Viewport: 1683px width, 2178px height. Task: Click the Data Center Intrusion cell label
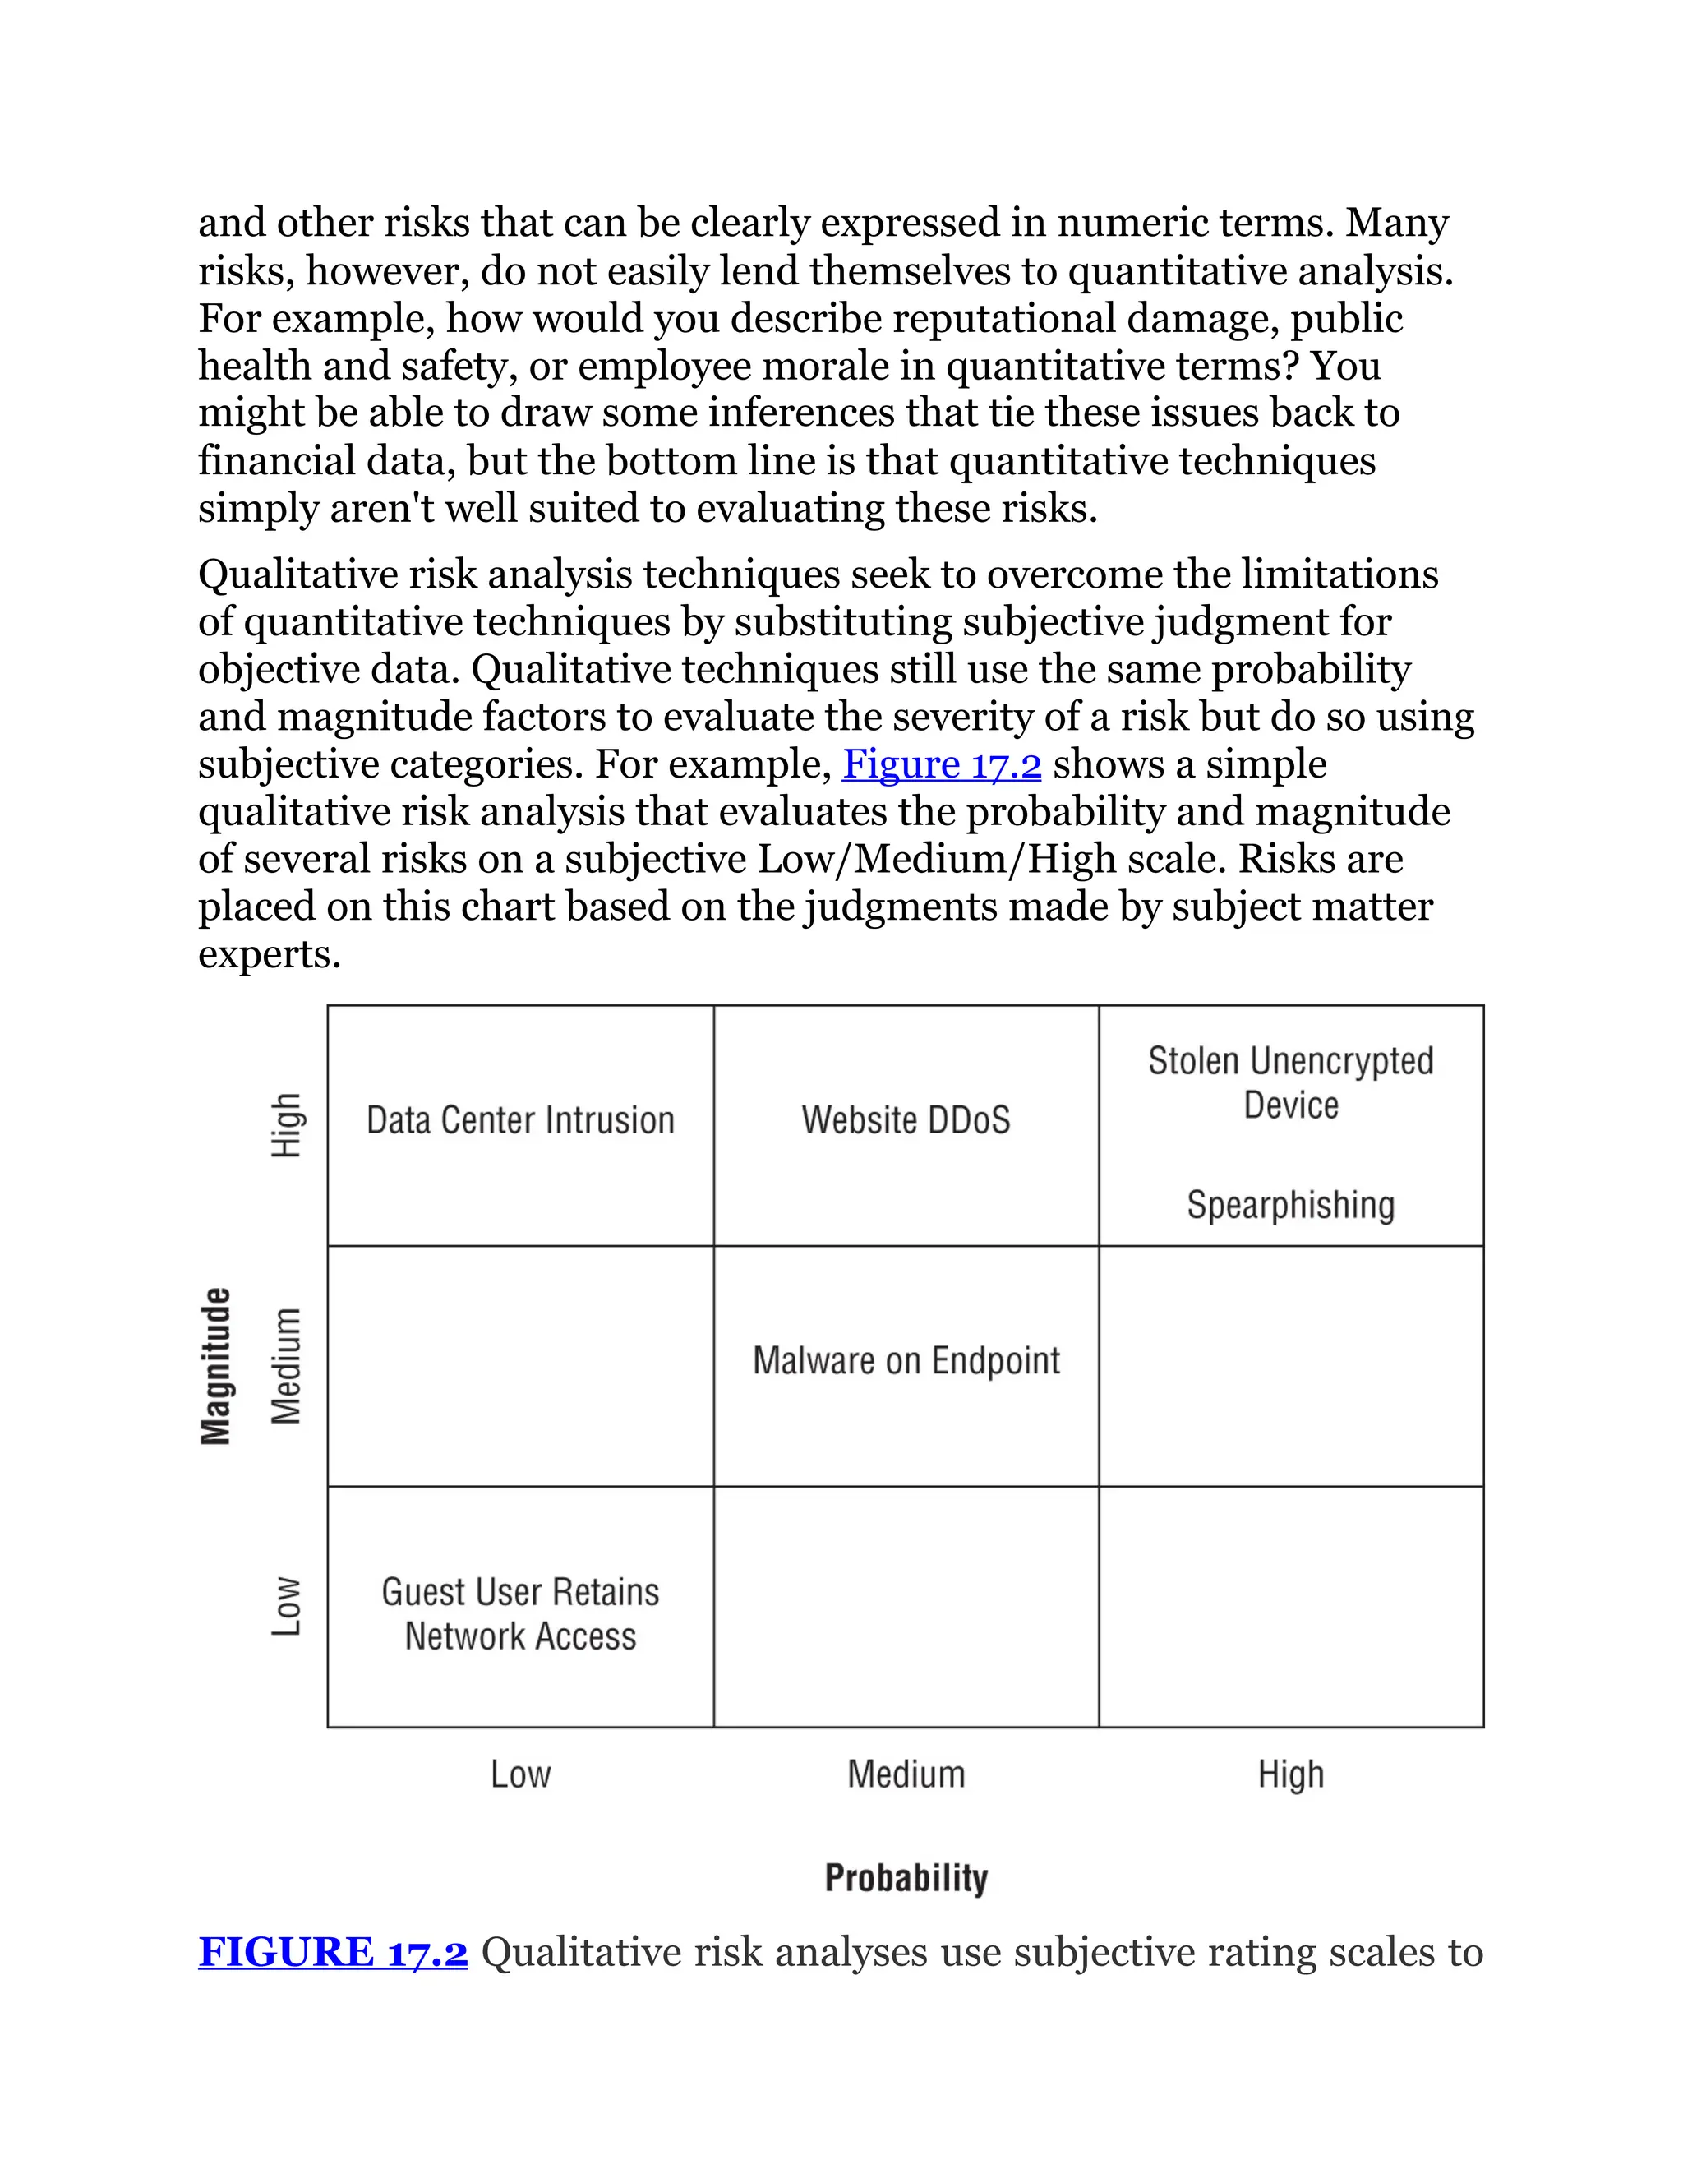coord(520,1120)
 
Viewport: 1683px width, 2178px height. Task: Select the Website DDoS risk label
coord(906,1120)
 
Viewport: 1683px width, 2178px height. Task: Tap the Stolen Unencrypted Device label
coord(1290,1083)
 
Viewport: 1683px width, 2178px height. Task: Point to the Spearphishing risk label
coord(1290,1205)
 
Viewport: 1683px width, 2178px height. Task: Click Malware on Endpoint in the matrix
coord(906,1360)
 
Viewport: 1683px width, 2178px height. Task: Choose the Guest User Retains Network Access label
coord(520,1613)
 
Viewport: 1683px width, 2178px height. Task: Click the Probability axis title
coord(906,1878)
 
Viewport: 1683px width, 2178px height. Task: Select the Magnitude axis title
coord(216,1365)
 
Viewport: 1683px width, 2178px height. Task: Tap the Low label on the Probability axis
coord(520,1774)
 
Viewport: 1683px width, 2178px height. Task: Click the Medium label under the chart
coord(906,1774)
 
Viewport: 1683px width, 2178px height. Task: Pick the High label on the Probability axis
coord(1290,1774)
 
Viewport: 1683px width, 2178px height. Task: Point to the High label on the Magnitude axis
coord(286,1125)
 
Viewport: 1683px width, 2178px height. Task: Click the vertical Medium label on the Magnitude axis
coord(286,1365)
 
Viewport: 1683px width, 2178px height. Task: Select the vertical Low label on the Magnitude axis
coord(286,1606)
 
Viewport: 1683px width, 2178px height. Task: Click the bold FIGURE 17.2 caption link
coord(333,1953)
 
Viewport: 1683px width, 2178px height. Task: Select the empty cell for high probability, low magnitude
coord(1290,1607)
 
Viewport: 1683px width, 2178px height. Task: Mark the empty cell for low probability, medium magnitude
coord(520,1366)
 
